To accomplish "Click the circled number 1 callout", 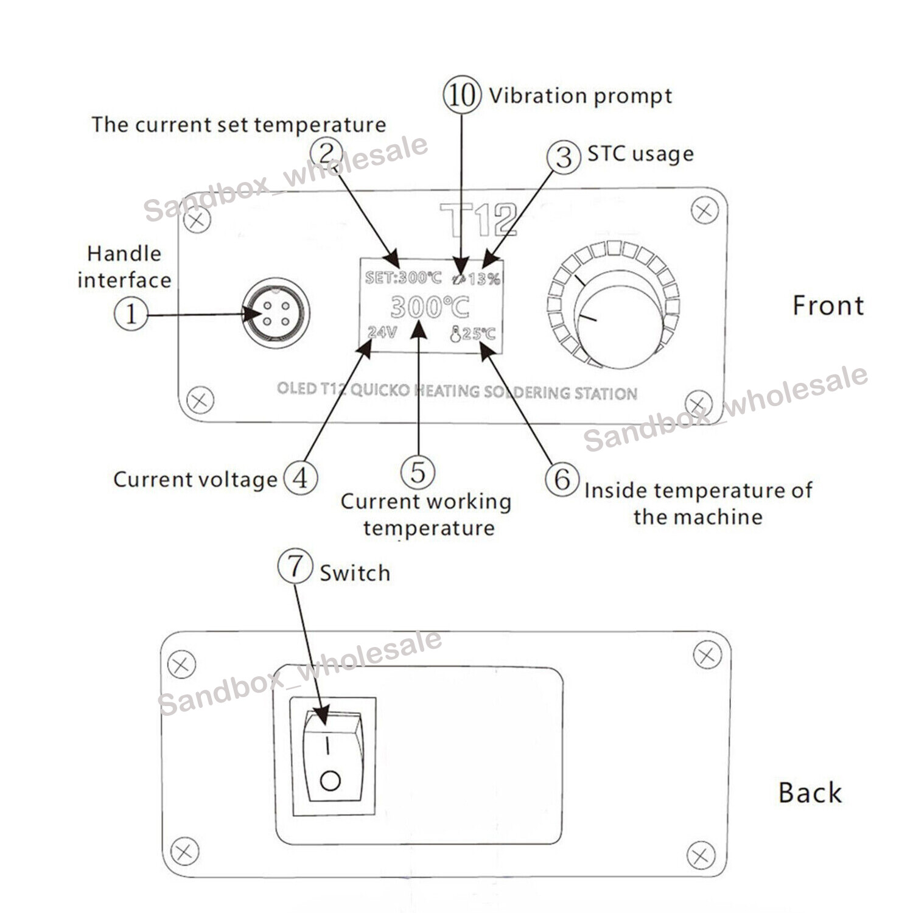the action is click(131, 314).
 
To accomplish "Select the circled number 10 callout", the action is click(462, 95).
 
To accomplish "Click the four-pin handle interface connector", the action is click(276, 313).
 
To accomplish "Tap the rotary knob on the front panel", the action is click(618, 320).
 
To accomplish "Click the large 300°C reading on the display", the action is click(430, 307).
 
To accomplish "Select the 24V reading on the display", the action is click(382, 332).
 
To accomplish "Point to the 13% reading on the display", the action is click(484, 279).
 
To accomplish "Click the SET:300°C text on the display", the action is click(403, 278).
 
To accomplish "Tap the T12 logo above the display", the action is click(478, 219).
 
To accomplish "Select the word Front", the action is click(828, 305).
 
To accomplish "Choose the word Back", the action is click(810, 792).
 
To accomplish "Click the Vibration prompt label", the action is click(580, 96).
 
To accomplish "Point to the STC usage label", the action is click(640, 154).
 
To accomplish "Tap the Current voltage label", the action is click(195, 480).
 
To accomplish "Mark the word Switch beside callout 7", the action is click(355, 573).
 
